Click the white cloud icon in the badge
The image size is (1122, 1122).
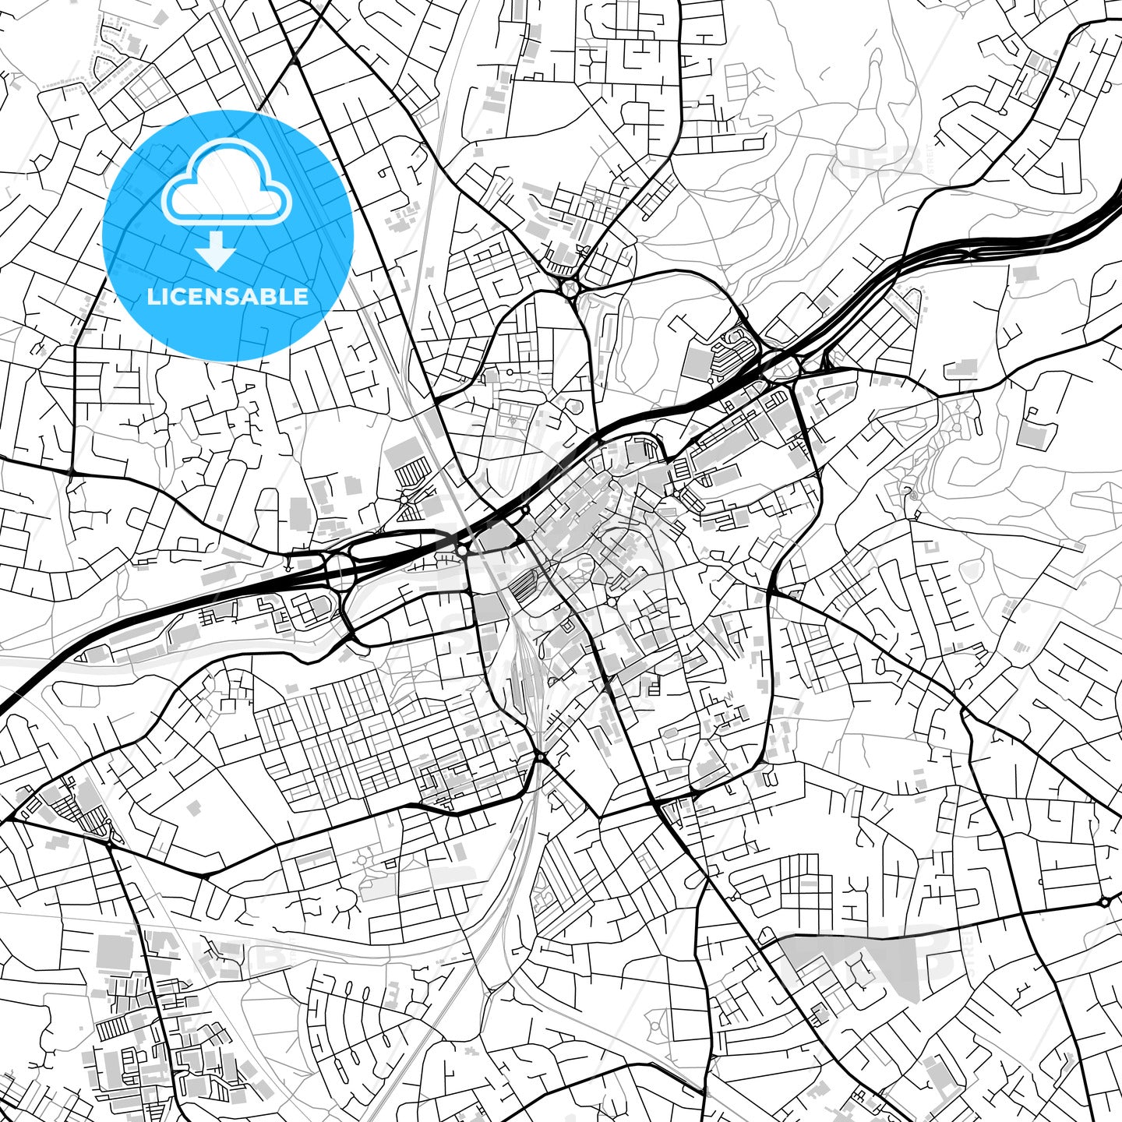[227, 187]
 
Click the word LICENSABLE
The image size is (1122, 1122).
[228, 296]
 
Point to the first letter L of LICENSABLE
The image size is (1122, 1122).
[152, 296]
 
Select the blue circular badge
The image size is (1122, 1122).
[228, 235]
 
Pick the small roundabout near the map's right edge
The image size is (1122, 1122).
[1104, 901]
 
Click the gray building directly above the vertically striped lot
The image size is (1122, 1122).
[401, 451]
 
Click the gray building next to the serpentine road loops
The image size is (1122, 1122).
[698, 363]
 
